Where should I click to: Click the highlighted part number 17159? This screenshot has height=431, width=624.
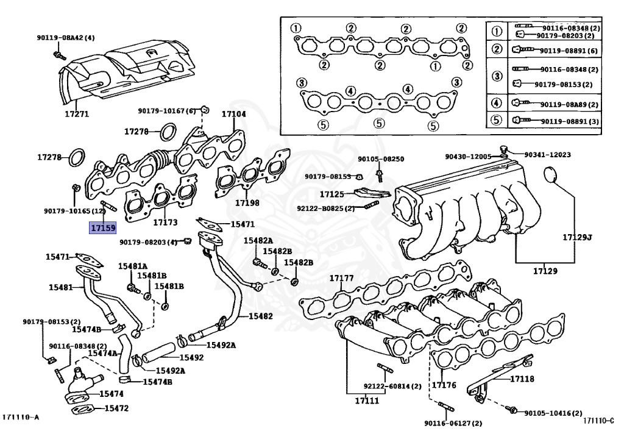(102, 229)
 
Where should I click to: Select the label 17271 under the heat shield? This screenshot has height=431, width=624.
(77, 114)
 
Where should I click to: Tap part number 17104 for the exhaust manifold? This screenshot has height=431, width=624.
(233, 114)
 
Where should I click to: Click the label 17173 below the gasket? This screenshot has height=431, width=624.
(165, 223)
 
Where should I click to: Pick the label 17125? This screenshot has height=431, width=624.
(332, 194)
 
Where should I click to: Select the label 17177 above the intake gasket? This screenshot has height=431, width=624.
(342, 278)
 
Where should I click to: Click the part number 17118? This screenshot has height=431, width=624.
(522, 379)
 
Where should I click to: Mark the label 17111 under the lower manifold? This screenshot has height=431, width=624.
(363, 401)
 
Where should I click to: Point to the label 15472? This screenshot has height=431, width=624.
(115, 408)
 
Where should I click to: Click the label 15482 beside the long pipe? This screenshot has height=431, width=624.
(260, 316)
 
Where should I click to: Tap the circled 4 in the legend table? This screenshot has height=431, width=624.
(497, 103)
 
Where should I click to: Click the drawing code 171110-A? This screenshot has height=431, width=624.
(20, 417)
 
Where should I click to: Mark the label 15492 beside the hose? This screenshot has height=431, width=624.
(191, 358)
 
